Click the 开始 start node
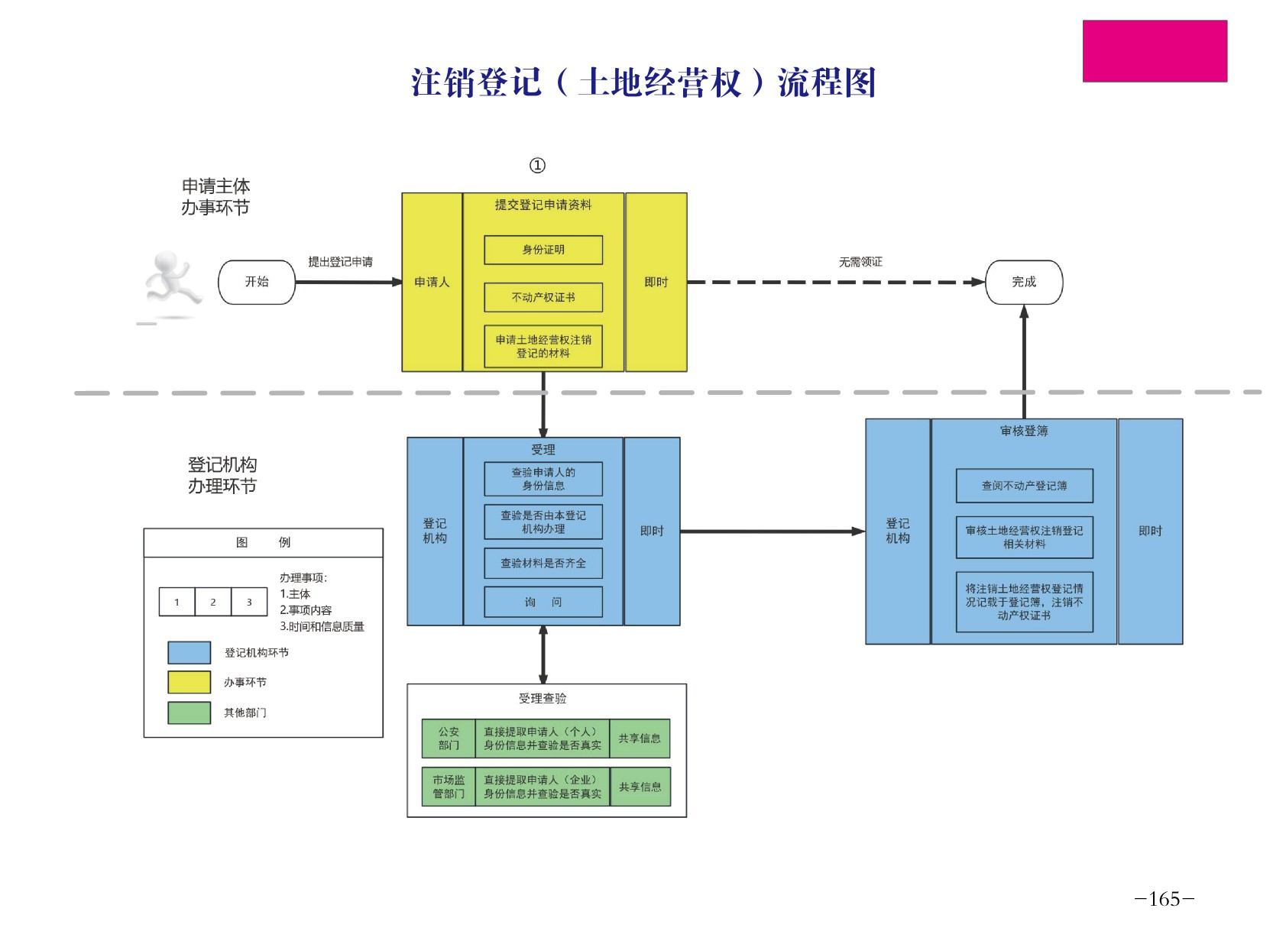(x=257, y=282)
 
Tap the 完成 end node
(x=1024, y=282)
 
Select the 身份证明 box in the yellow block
(x=543, y=250)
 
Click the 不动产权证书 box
(x=543, y=297)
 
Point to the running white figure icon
(x=171, y=283)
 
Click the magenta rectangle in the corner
(x=1155, y=51)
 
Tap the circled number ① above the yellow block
(x=537, y=165)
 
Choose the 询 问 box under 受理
(x=543, y=602)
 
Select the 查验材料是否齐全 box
(x=543, y=563)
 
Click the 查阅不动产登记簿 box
(x=1024, y=486)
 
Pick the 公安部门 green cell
(x=449, y=739)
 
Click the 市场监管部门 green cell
(x=449, y=787)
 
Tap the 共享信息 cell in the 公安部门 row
(x=640, y=739)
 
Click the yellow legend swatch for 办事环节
(x=189, y=682)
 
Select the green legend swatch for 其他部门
(x=189, y=713)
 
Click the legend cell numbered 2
(x=212, y=602)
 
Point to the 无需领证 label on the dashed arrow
(x=860, y=262)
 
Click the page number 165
(x=1164, y=899)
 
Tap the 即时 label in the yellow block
(x=656, y=282)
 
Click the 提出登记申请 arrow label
(x=340, y=262)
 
